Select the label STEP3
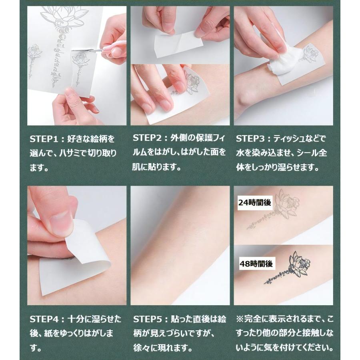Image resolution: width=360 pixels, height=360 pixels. coord(250,139)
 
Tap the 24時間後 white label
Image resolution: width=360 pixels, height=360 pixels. coord(255,202)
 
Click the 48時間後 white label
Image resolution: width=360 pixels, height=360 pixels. coord(256,264)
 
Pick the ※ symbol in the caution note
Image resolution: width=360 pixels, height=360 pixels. coord(240,319)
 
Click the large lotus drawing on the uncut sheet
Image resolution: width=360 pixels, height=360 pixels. coord(64,18)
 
